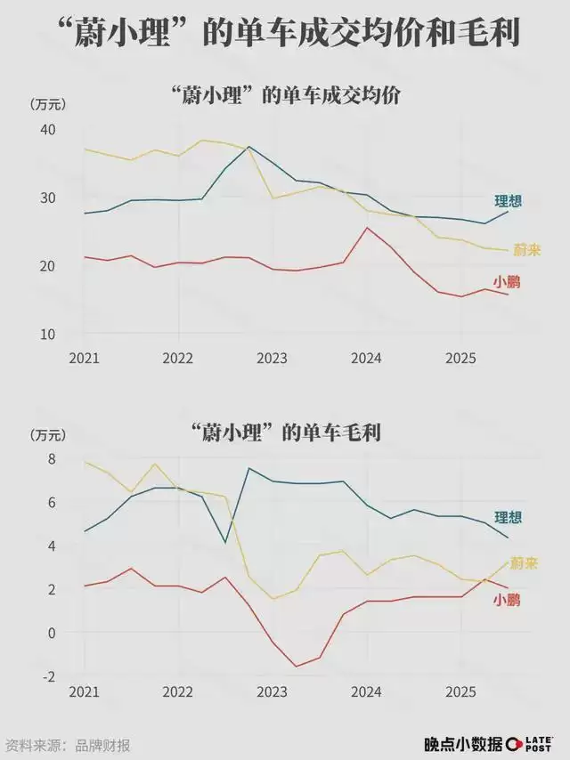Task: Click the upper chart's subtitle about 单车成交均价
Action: point(285,95)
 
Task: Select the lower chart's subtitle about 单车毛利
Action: point(285,433)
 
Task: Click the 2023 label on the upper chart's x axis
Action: point(273,358)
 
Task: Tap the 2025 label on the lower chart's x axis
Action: point(460,691)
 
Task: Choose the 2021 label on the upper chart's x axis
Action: point(84,358)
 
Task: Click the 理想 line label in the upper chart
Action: point(508,201)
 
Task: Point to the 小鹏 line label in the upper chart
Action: point(507,282)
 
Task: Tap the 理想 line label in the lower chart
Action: point(508,518)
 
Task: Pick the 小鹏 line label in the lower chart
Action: point(507,601)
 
